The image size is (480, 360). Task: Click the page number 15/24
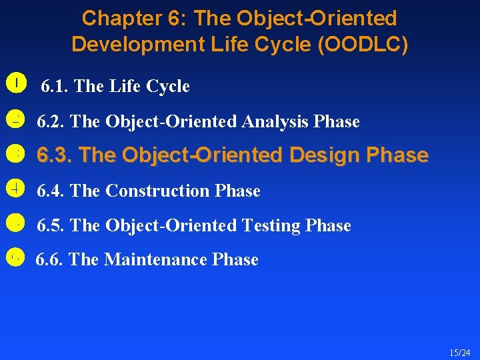click(459, 352)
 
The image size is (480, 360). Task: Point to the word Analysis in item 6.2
click(275, 122)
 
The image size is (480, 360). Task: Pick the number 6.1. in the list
click(55, 87)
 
